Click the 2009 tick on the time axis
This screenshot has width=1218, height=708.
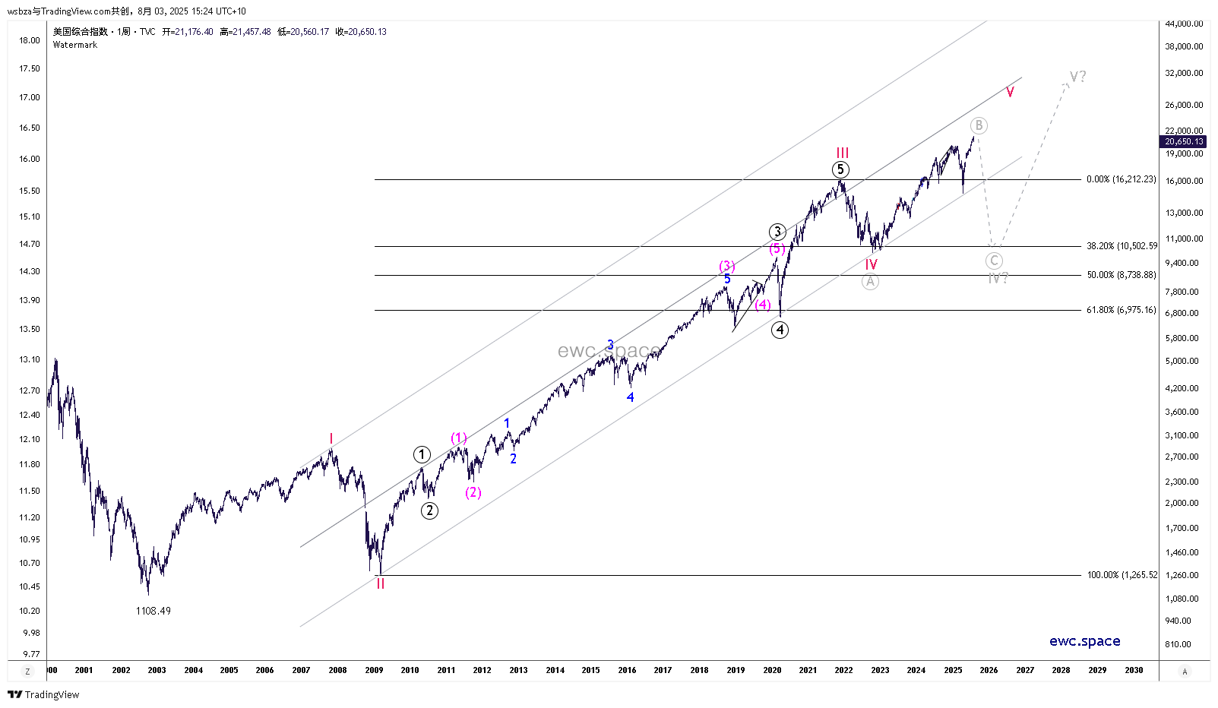[374, 670]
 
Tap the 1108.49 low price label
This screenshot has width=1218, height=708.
[153, 611]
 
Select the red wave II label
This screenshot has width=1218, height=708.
[381, 583]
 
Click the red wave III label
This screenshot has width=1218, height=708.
[843, 153]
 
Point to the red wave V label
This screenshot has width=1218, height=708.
[1010, 93]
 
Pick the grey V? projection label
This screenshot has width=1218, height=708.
[1077, 77]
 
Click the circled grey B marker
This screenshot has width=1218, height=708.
[979, 125]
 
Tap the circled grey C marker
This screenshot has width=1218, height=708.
[994, 261]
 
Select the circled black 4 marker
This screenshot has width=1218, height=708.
[780, 330]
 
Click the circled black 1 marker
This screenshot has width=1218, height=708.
[422, 454]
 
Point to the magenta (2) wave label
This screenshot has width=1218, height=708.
[473, 492]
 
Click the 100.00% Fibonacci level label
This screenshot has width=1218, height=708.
[1122, 575]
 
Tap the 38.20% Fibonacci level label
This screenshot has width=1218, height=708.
[1122, 246]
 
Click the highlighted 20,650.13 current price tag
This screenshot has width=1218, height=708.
[1185, 141]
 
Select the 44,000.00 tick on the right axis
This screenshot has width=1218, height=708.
[1184, 24]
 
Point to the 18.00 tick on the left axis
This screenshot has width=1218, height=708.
[30, 40]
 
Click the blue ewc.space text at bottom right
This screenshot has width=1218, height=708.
[1084, 641]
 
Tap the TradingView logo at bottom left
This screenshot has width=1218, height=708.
[43, 694]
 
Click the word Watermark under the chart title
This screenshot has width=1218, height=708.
[75, 45]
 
